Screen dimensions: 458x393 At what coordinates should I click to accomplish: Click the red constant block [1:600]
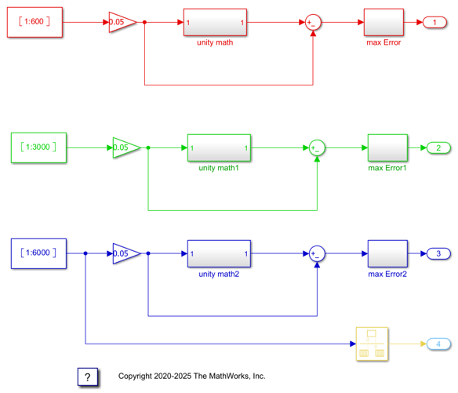[35, 22]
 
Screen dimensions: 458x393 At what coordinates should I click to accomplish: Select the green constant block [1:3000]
[38, 147]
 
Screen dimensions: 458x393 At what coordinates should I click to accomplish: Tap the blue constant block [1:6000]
[38, 253]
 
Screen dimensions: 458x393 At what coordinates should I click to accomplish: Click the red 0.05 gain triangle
[122, 22]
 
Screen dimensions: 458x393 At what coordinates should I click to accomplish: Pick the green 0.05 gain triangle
[126, 147]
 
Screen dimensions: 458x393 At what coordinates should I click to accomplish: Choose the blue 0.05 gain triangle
[126, 253]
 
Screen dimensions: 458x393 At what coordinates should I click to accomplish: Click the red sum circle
[313, 23]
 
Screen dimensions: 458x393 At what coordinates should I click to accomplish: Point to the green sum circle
[317, 147]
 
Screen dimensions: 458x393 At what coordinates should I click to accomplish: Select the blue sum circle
[317, 253]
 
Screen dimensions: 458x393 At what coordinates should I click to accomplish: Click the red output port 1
[435, 23]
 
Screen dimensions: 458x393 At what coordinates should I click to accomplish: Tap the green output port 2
[438, 147]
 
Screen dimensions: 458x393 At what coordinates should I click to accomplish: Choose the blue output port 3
[438, 253]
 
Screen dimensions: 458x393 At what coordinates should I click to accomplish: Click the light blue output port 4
[438, 344]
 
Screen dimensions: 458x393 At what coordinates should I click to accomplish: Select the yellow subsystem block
[372, 344]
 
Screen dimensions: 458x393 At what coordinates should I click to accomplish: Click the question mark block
[88, 377]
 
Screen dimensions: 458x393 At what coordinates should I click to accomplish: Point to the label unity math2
[219, 274]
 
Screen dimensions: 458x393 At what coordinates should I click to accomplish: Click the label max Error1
[387, 168]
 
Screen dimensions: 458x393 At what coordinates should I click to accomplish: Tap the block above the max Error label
[383, 22]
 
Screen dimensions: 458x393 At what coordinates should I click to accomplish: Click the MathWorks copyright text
[191, 376]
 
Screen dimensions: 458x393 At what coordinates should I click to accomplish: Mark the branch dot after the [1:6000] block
[85, 253]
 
